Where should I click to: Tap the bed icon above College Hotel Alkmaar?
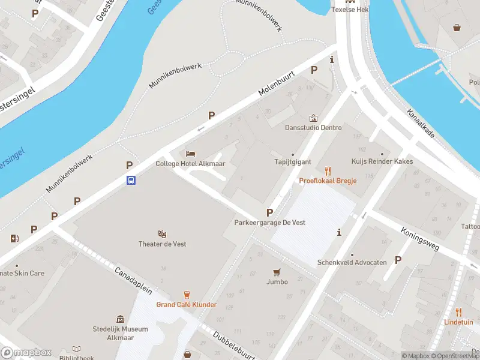tap(191, 154)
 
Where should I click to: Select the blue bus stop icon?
tap(130, 179)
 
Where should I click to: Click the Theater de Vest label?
tap(161, 244)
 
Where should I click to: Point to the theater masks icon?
tap(161, 233)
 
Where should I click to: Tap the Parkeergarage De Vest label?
tap(269, 223)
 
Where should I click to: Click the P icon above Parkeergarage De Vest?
tap(269, 212)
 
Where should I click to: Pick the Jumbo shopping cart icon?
tap(277, 272)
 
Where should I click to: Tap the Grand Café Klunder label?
tap(187, 305)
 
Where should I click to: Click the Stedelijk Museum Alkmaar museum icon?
tap(120, 319)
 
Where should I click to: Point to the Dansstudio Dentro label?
tap(313, 128)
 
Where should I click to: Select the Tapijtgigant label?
tap(293, 162)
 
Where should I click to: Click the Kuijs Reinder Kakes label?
tap(382, 162)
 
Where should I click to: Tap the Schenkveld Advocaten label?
tap(352, 263)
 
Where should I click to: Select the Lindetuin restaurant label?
tap(458, 322)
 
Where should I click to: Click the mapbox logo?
tap(26, 353)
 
